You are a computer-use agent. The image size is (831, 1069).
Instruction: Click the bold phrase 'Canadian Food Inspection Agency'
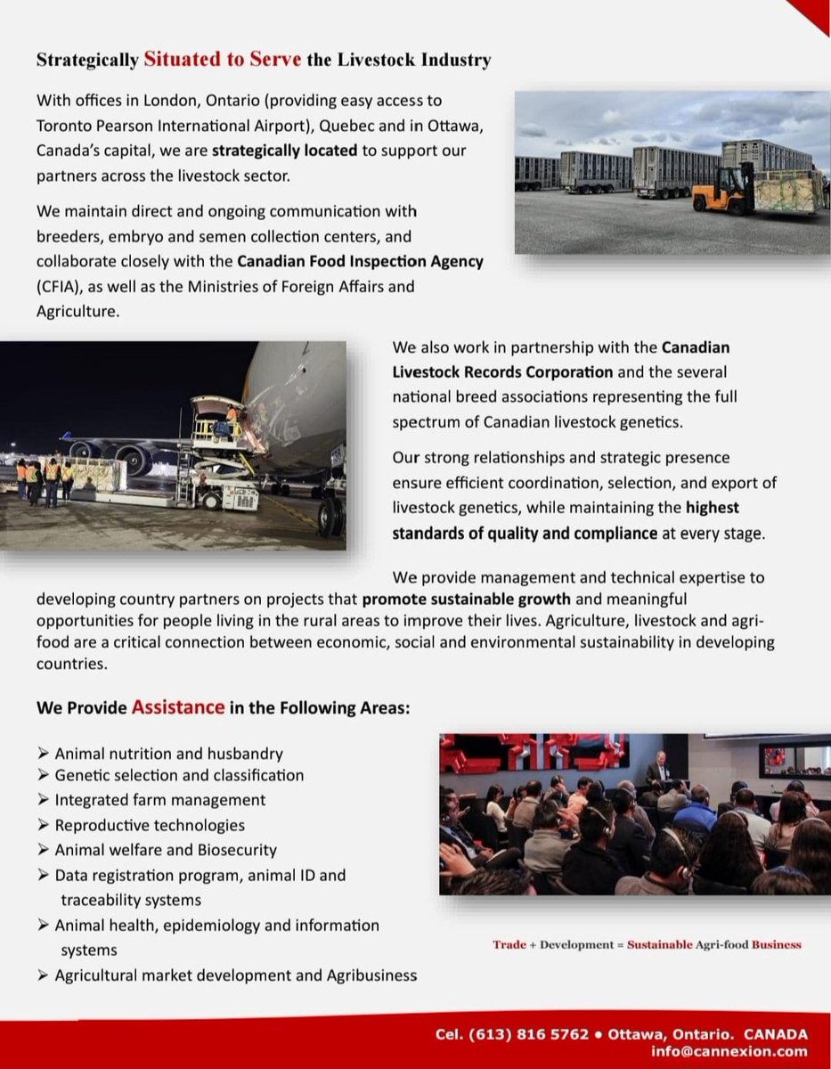(360, 262)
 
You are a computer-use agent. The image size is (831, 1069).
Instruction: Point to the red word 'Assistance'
(177, 707)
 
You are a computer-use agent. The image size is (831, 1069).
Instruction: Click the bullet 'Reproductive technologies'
(150, 825)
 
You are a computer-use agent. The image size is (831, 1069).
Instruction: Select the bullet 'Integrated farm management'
(160, 800)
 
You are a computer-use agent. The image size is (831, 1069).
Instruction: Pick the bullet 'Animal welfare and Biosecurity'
(166, 850)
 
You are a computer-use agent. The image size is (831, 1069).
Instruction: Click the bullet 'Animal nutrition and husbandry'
(169, 754)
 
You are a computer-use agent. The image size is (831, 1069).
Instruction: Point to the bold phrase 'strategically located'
(284, 151)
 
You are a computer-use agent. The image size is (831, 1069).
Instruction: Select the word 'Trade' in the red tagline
(509, 944)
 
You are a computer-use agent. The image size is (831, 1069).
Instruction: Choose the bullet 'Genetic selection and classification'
(179, 775)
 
